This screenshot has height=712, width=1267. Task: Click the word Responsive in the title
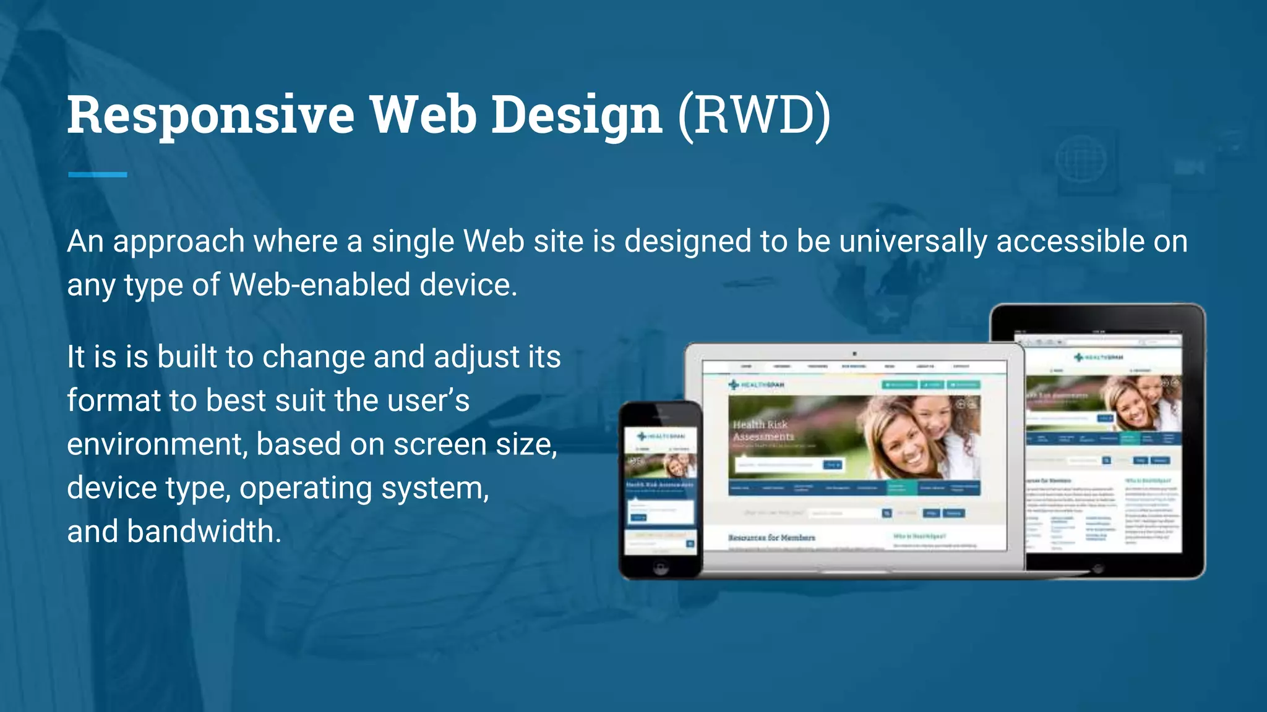[x=210, y=115]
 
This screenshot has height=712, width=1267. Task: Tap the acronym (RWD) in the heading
[x=754, y=115]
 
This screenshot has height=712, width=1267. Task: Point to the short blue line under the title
[x=98, y=175]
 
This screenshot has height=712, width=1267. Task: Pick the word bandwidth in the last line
[x=204, y=532]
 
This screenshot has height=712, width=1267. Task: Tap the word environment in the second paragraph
[x=157, y=444]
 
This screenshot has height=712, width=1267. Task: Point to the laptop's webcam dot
[x=854, y=354]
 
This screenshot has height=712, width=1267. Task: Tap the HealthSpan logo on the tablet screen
[x=1098, y=357]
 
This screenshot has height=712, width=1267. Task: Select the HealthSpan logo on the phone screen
[x=661, y=436]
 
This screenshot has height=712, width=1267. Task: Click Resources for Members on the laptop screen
[x=771, y=538]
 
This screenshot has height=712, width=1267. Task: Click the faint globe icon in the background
[x=1081, y=160]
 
